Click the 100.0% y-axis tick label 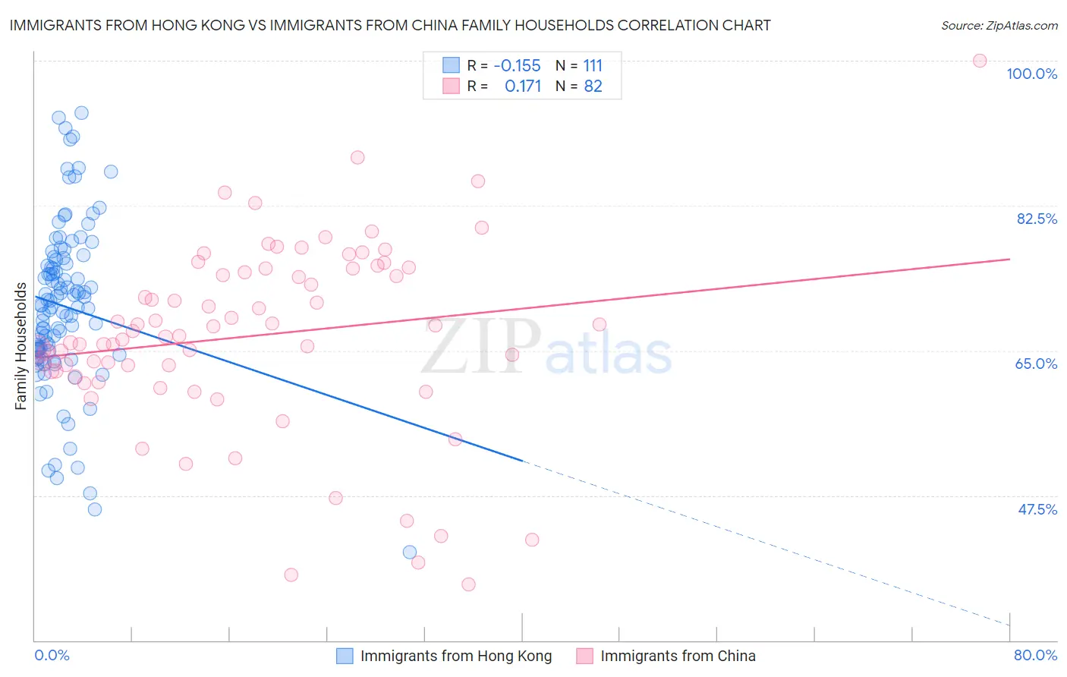pos(1031,74)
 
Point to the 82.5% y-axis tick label pos(1037,219)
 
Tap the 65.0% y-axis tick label pos(1036,364)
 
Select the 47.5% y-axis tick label pos(1037,509)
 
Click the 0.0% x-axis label pos(52,655)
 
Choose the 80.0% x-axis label pos(1035,655)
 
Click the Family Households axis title pos(20,346)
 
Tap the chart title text pos(390,25)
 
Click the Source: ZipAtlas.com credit pos(999,26)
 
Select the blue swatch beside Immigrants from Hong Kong pos(345,656)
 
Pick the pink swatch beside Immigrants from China pos(584,656)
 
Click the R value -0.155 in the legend pos(517,65)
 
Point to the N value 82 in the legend pos(593,87)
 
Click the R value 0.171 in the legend pos(523,87)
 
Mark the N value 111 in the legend pos(593,65)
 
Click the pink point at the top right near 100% pos(980,61)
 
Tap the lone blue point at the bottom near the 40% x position pos(410,552)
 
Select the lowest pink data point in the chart pos(468,584)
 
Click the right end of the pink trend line pos(1009,259)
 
